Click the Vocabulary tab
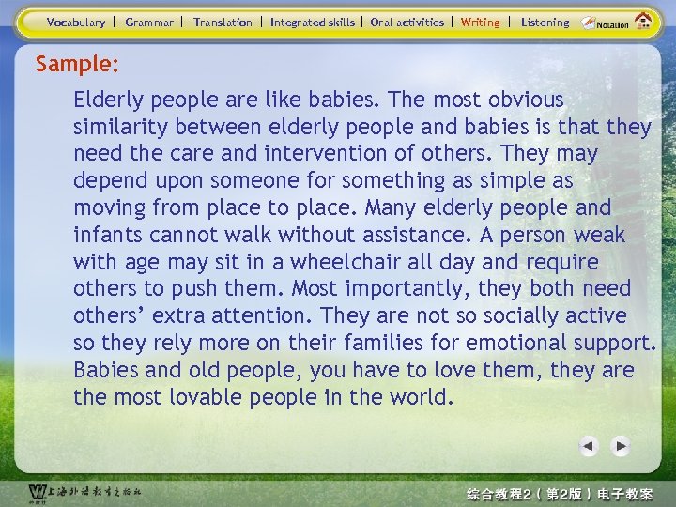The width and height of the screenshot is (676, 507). click(x=76, y=22)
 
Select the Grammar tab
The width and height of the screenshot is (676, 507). click(x=149, y=22)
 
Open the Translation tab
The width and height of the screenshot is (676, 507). click(x=223, y=22)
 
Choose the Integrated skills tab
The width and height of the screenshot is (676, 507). click(x=313, y=22)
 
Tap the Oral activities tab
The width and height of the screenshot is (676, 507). click(x=407, y=22)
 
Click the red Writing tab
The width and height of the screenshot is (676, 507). click(x=481, y=22)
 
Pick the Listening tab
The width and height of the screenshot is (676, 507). click(x=545, y=22)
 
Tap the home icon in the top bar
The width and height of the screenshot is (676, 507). click(x=644, y=21)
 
